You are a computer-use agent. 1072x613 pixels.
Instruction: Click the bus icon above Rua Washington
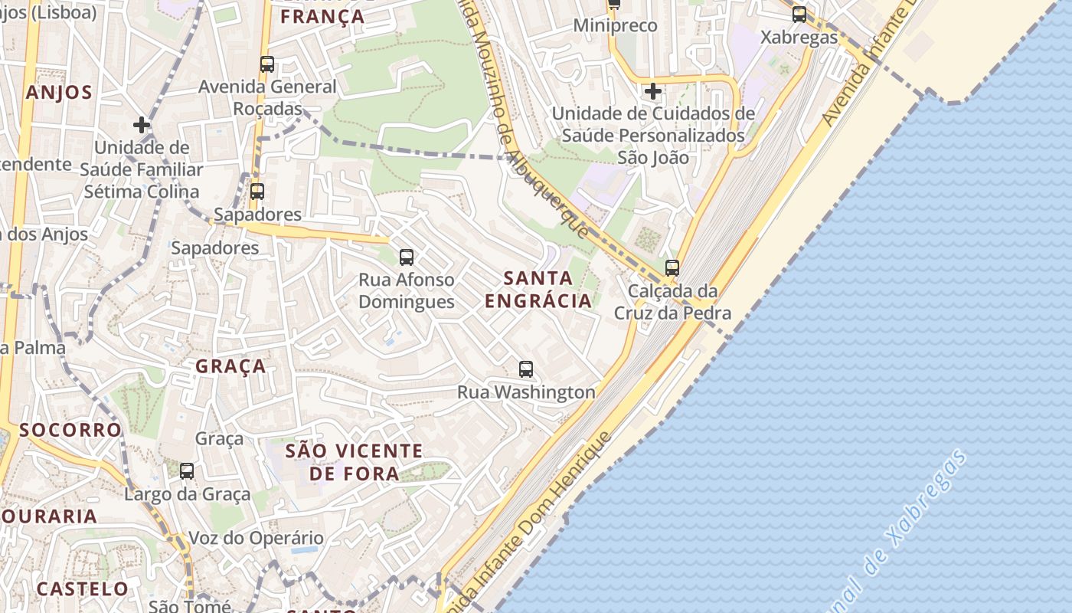(526, 369)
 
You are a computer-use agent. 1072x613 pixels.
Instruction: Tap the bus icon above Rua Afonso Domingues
(407, 257)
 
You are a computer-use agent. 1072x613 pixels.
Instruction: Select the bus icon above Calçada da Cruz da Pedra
(672, 268)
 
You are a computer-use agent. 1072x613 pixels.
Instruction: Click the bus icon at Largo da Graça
(187, 471)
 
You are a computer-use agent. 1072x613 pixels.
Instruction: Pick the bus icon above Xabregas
(799, 14)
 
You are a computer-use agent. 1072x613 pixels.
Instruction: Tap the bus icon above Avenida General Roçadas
(266, 64)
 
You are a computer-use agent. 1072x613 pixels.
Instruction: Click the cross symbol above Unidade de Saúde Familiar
(142, 124)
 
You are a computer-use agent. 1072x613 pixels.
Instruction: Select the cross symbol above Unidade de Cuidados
(652, 92)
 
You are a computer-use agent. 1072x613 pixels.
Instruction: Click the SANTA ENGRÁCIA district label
(538, 289)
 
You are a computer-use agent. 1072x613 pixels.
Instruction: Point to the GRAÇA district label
(230, 366)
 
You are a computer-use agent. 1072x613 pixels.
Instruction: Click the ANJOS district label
(59, 93)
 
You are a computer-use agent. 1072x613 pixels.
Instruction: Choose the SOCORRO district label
(70, 430)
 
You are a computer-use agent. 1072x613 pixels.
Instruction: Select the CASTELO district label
(83, 588)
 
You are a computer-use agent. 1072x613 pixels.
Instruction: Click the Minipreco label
(616, 26)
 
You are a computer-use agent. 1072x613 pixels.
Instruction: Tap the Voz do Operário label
(256, 538)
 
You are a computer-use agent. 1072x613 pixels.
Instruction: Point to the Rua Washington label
(526, 392)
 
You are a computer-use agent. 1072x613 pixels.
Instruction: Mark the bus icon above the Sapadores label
(257, 192)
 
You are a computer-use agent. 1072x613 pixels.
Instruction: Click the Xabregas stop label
(799, 37)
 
